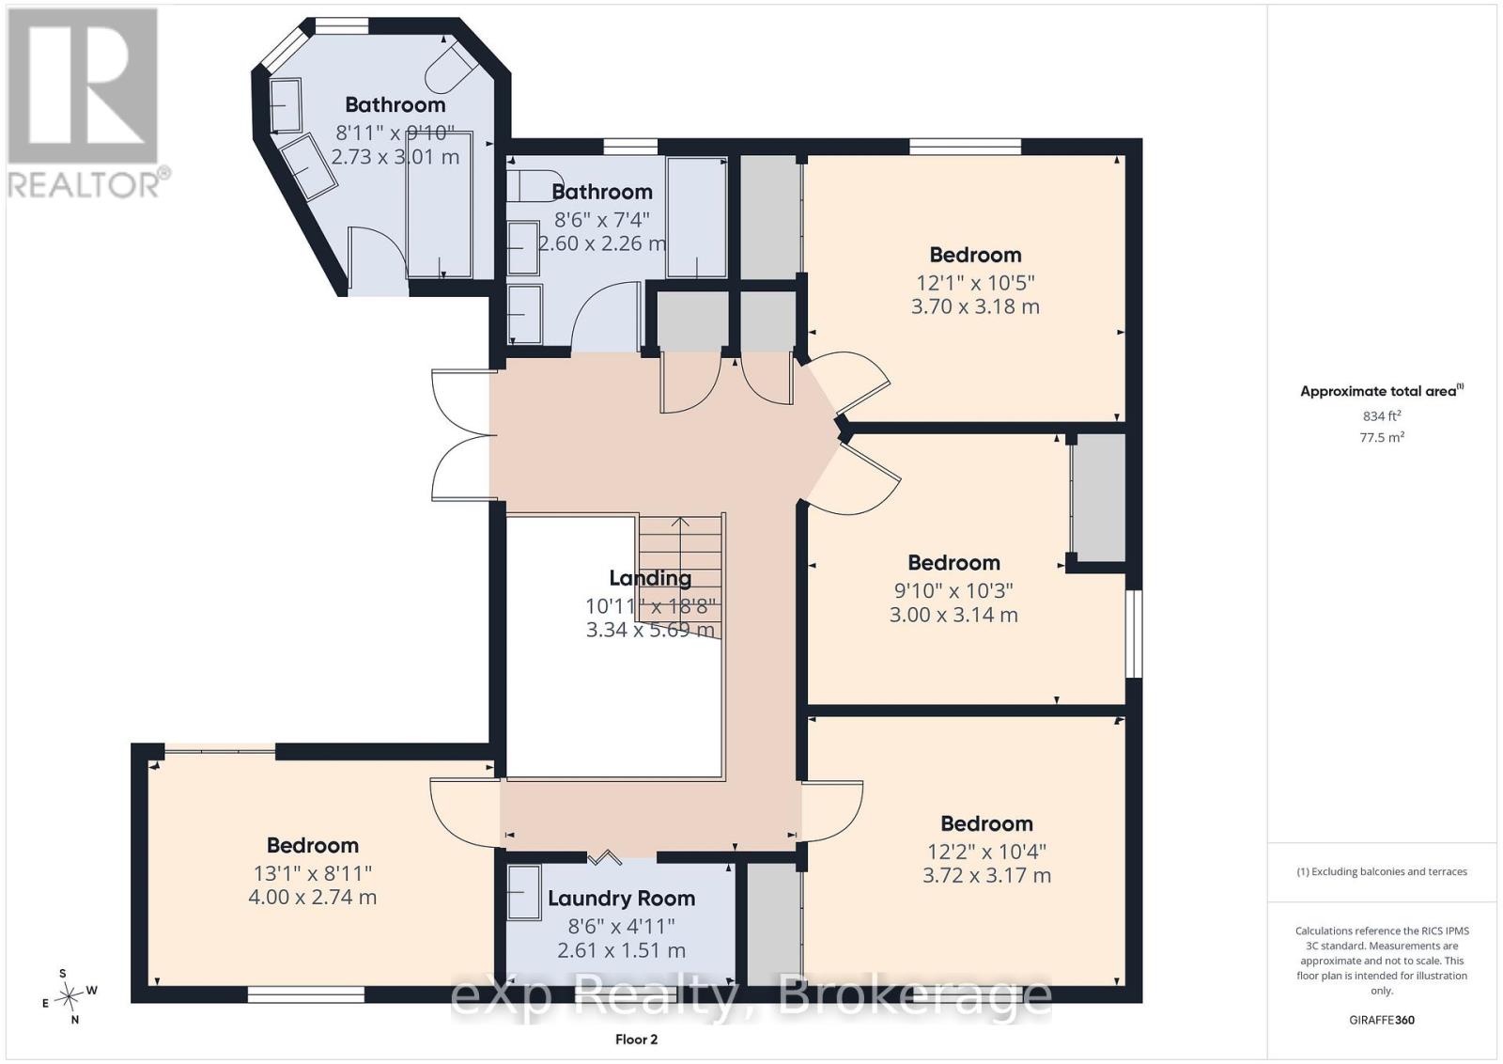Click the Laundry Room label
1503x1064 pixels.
coord(621,899)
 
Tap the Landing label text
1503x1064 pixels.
coord(650,578)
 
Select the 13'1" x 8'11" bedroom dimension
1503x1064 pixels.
coord(313,873)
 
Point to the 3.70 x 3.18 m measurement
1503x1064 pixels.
coord(975,306)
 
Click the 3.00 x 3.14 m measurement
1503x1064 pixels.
coord(953,615)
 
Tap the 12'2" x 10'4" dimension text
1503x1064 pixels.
coord(987,852)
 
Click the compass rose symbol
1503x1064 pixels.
coord(70,996)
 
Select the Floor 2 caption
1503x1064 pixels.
coord(636,1040)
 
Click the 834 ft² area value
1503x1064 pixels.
coord(1382,416)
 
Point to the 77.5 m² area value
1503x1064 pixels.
coord(1382,437)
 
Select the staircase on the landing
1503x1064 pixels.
coord(681,576)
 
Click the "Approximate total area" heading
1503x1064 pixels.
coord(1382,391)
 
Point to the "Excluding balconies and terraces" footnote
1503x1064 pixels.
coord(1382,872)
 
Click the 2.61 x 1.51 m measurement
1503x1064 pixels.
coord(621,950)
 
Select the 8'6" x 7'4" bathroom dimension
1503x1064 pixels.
coord(602,220)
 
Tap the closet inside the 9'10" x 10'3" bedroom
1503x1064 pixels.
coord(1098,498)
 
